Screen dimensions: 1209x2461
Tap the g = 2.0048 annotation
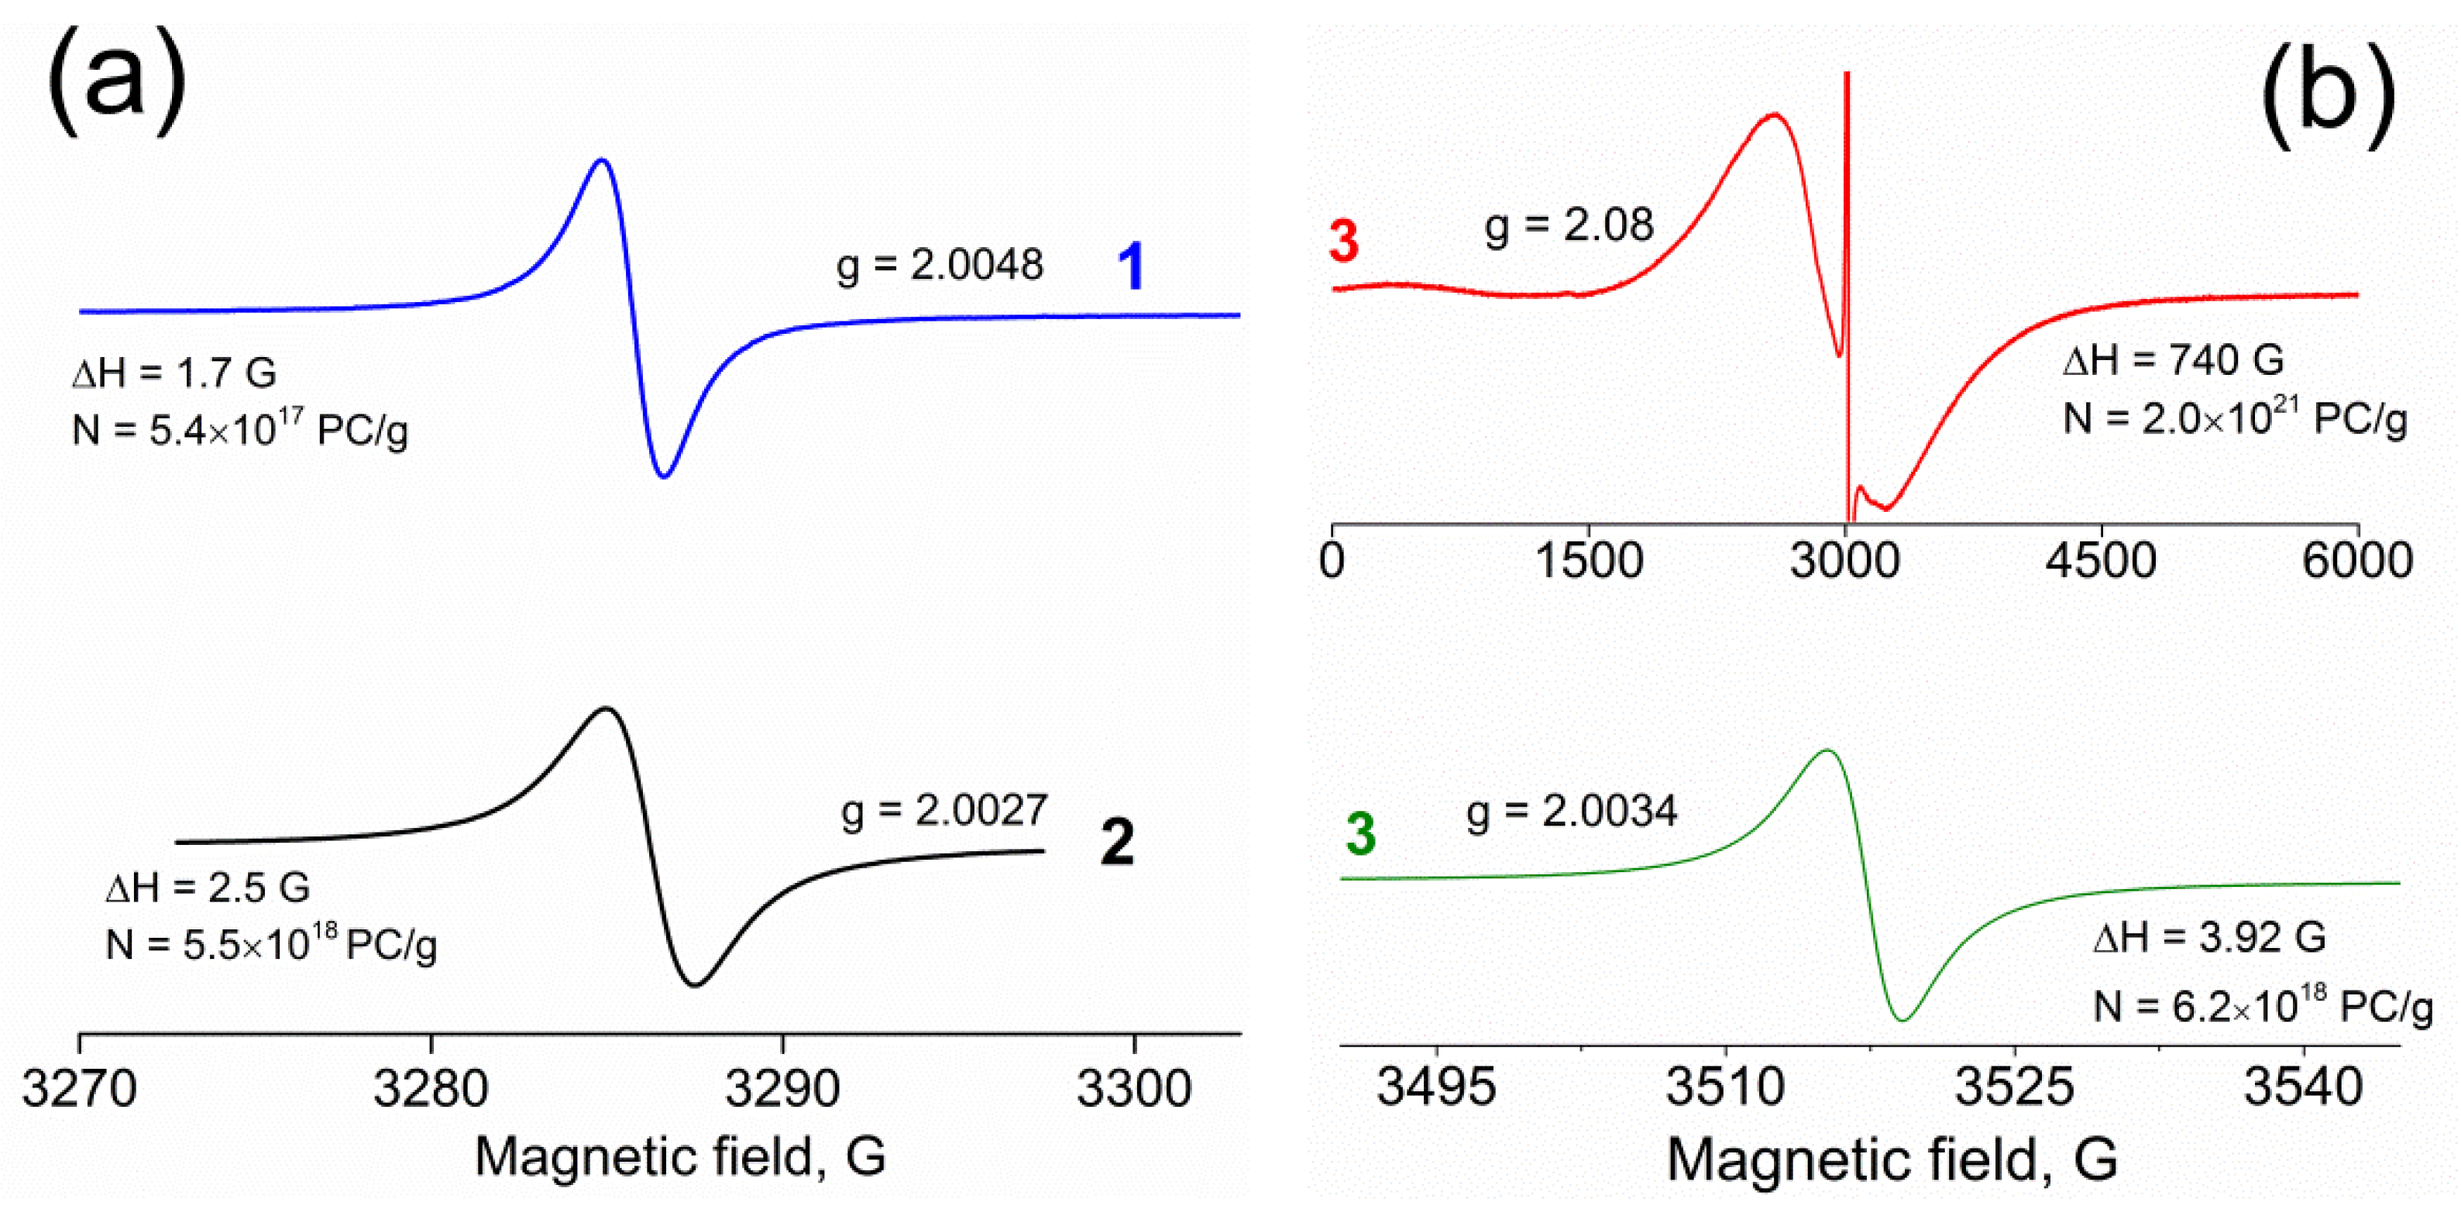click(939, 265)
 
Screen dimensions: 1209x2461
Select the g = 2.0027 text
click(944, 811)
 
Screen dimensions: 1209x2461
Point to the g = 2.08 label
click(1568, 225)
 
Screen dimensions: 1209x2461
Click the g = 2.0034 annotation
click(1572, 812)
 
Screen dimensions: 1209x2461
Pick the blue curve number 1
click(1131, 266)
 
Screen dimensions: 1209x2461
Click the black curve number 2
click(1117, 843)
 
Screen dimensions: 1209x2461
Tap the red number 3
click(1343, 241)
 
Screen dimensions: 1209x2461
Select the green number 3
click(1360, 833)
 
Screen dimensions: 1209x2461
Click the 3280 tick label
click(431, 1089)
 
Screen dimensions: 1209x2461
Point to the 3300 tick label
click(1134, 1089)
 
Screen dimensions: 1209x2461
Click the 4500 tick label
click(2101, 560)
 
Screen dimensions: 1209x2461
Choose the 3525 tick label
click(2015, 1087)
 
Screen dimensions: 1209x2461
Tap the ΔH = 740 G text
click(2174, 361)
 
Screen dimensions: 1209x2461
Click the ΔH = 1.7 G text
click(175, 373)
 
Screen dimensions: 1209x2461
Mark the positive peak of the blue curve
click(601, 160)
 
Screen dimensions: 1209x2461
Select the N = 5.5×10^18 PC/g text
click(271, 946)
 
